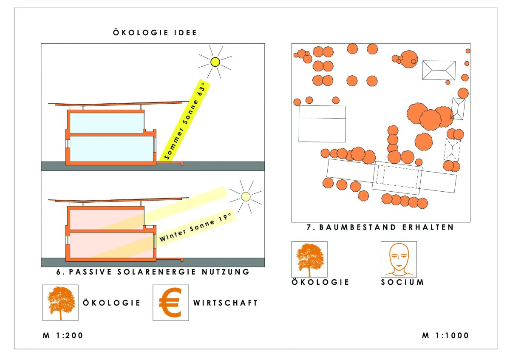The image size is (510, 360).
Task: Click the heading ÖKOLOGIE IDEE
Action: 155,33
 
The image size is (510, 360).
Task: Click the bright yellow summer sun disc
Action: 215,62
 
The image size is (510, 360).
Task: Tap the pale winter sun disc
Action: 245,196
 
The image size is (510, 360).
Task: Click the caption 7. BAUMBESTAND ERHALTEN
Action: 380,227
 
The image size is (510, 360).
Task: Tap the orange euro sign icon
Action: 170,303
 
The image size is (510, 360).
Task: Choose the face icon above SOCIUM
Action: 398,259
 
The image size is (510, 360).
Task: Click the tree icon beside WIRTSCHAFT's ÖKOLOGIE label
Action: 60,303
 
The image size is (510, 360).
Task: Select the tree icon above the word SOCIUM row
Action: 309,259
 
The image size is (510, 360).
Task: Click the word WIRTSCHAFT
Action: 225,303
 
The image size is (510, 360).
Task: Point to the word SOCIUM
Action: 402,282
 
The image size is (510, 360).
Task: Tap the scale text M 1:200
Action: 63,335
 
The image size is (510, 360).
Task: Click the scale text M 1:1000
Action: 445,335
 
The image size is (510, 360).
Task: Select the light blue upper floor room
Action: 106,123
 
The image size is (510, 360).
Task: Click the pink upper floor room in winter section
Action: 106,219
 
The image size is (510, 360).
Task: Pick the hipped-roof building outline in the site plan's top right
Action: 439,70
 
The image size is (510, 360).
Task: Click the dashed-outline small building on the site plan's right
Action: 452,149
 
